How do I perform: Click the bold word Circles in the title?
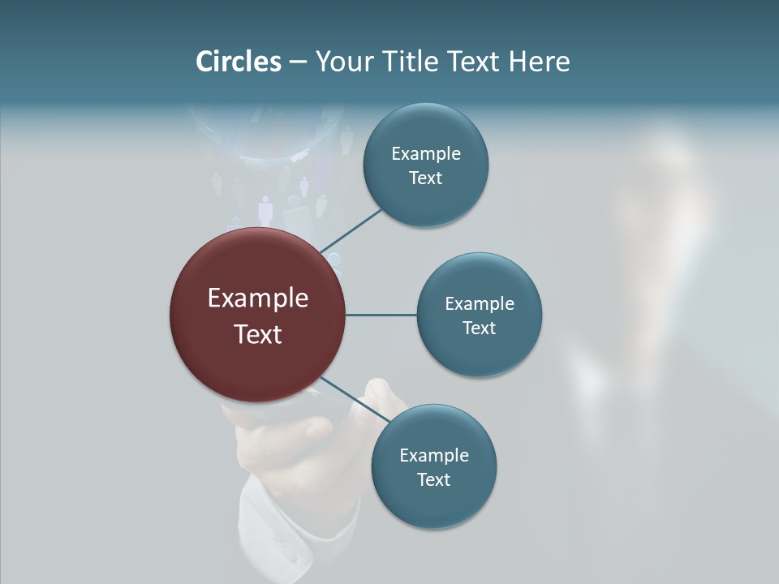point(238,62)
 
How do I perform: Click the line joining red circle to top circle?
point(352,230)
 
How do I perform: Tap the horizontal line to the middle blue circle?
point(381,315)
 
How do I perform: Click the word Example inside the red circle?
point(257,298)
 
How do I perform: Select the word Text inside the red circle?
point(257,334)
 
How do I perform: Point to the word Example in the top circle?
point(425,154)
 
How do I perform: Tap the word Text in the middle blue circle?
point(480,328)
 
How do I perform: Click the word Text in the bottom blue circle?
point(433,479)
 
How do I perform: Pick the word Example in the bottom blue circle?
point(433,456)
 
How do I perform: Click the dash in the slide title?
point(298,62)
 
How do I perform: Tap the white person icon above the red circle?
point(265,209)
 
